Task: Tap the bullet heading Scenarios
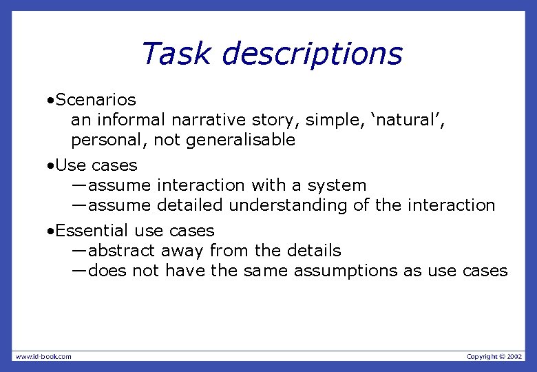(96, 101)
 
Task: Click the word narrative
(206, 121)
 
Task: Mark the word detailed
(190, 205)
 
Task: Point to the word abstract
(121, 251)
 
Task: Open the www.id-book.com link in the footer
(43, 356)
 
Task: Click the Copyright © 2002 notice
(494, 356)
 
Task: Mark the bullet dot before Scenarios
(51, 101)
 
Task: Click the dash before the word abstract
(79, 251)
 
